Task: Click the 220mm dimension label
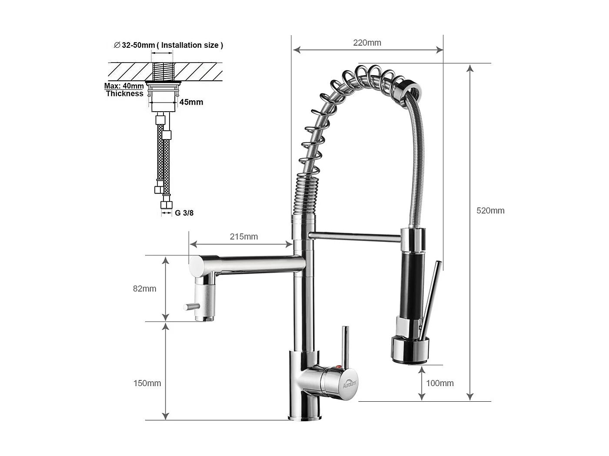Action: click(367, 43)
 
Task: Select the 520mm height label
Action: click(490, 211)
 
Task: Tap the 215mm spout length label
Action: click(243, 237)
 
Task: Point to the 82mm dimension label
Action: click(144, 289)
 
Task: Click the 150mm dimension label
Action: click(147, 383)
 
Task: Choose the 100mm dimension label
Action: click(439, 383)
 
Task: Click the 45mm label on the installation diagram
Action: click(191, 102)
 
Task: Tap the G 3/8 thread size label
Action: click(184, 213)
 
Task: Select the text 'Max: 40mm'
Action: click(124, 86)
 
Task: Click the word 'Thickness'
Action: click(124, 93)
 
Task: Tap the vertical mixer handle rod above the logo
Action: click(345, 345)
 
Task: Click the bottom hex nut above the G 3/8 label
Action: click(166, 205)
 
